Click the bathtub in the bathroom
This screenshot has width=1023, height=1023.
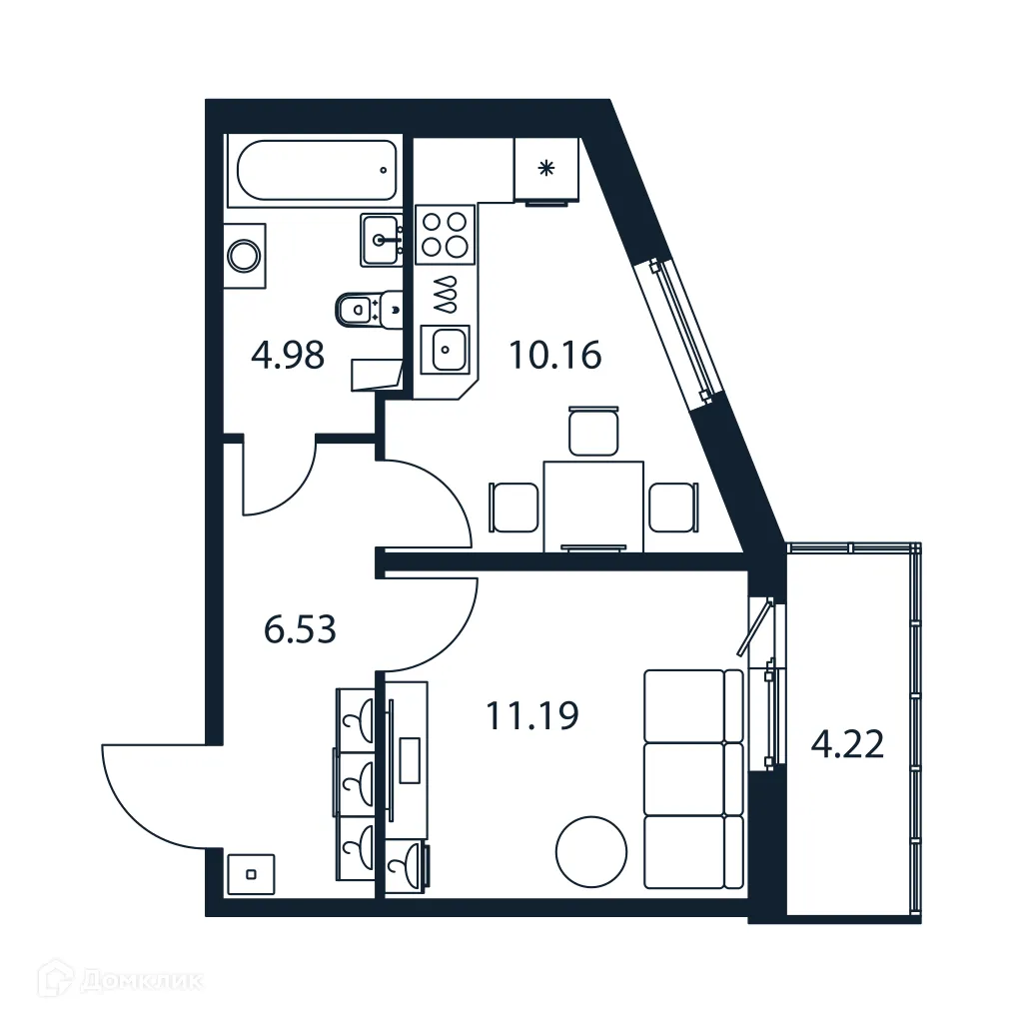point(316,171)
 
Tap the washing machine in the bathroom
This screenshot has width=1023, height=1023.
point(245,255)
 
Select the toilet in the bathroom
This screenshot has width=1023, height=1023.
point(366,309)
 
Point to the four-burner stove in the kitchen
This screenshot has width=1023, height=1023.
point(445,233)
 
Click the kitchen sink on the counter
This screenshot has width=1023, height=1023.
point(446,349)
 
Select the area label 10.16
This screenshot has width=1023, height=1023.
point(555,355)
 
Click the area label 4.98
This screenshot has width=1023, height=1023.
point(288,355)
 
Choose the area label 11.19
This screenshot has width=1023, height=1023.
point(532,715)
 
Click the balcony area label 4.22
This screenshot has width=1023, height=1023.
point(847,744)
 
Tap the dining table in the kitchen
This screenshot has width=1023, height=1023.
point(592,505)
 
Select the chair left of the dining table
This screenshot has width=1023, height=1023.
point(514,508)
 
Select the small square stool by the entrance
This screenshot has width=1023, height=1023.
point(251,874)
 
